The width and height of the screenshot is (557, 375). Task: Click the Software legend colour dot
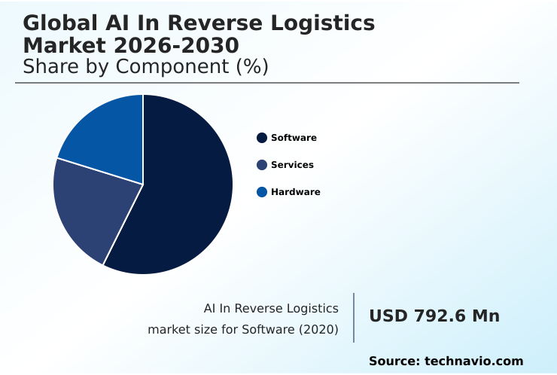point(262,138)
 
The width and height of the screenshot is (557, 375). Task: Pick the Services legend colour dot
point(262,165)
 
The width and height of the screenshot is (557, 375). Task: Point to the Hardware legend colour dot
point(262,192)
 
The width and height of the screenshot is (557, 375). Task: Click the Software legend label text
point(294,138)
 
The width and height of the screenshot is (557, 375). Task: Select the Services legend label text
point(292,165)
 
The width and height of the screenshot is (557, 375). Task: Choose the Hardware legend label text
point(296,192)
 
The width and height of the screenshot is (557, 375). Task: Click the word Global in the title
point(59,23)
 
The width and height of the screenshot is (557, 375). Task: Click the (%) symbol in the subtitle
point(252,66)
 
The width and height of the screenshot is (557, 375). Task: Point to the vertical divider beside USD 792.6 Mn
point(354,318)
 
